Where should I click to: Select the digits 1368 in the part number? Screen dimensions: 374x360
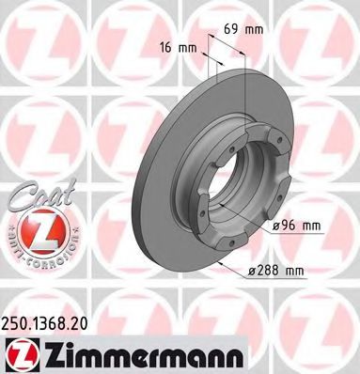48,322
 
